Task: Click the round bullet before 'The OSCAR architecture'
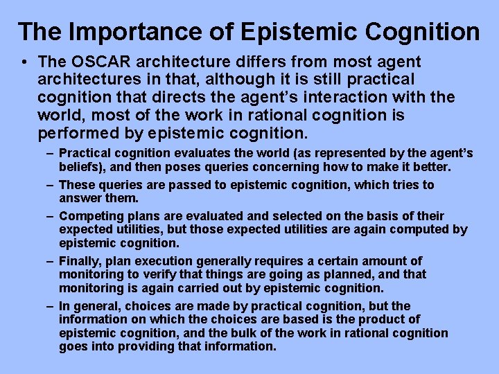pyautogui.click(x=24, y=62)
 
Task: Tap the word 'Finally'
pyautogui.click(x=79, y=261)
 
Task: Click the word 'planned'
pyautogui.click(x=342, y=274)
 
